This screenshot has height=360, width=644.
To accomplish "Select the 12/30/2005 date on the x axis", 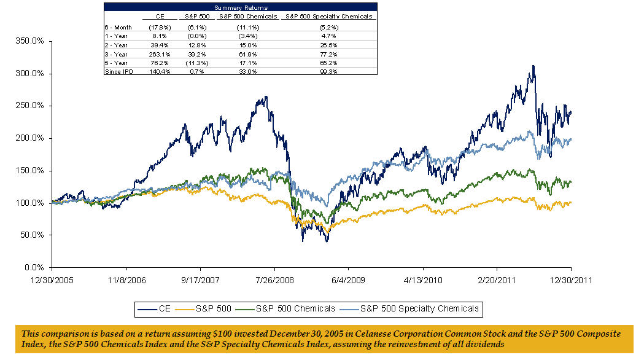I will [52, 279].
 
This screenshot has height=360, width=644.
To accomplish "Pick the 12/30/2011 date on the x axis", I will [571, 279].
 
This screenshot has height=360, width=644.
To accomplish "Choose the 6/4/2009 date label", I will [348, 279].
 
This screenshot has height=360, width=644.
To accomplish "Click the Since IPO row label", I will [117, 72].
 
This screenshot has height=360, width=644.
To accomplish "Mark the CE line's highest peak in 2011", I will [533, 66].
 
